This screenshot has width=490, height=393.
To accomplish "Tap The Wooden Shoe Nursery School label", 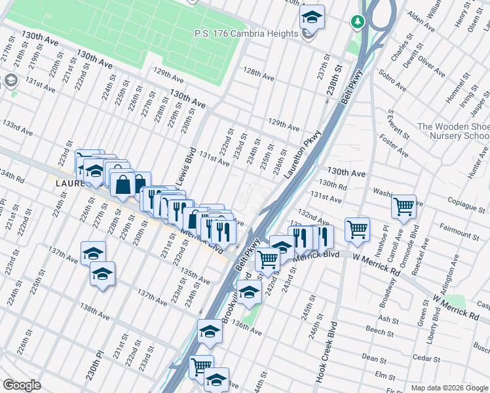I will point(452,131).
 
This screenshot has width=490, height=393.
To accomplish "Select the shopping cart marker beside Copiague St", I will point(404,207).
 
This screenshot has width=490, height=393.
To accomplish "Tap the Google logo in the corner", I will point(22,385).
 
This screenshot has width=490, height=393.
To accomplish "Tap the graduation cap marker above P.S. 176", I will point(312,16).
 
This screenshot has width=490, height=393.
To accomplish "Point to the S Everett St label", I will point(396,126).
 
